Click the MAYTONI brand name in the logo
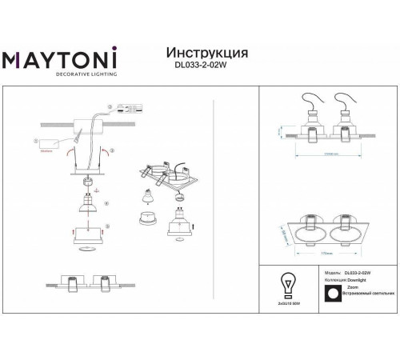click(x=61, y=60)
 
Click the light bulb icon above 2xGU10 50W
click(x=287, y=286)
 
